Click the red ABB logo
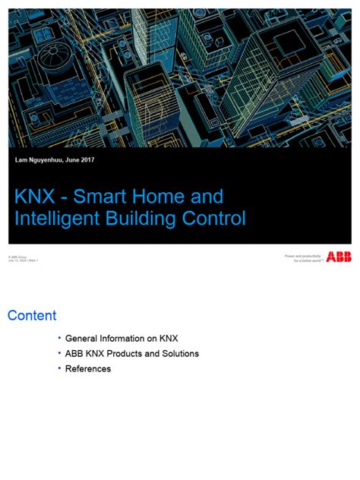tap(339, 257)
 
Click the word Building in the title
tap(148, 219)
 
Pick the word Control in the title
tap(217, 219)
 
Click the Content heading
tap(32, 315)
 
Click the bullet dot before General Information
tap(59, 337)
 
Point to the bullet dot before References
tap(59, 368)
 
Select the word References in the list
tap(88, 369)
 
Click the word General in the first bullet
tap(82, 338)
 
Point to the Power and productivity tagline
tap(303, 257)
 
